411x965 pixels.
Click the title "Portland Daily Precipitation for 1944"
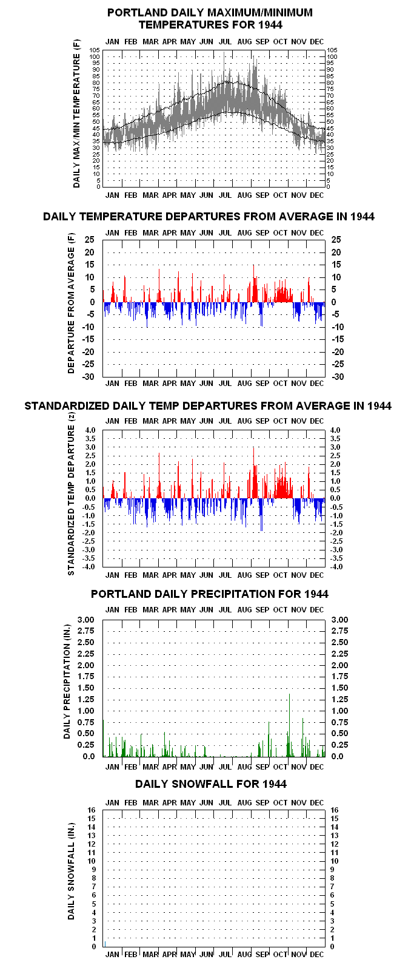(210, 594)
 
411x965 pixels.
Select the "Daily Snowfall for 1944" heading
(211, 784)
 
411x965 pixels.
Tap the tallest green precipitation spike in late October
(289, 725)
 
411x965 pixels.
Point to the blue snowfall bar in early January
(105, 943)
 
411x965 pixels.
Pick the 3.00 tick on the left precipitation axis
(85, 620)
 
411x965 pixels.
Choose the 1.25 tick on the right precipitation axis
(339, 699)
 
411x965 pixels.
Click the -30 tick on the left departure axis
(88, 376)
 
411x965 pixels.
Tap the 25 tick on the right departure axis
(336, 240)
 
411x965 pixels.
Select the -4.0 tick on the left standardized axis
(90, 566)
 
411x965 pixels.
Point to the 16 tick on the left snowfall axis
(92, 810)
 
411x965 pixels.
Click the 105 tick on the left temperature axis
(95, 50)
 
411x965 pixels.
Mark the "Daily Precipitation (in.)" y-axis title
(67, 682)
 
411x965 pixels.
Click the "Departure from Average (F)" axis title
(71, 303)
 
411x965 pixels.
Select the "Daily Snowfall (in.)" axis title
(71, 871)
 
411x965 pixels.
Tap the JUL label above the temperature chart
(225, 42)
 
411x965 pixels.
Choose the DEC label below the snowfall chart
(317, 954)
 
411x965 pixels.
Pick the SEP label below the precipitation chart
(262, 767)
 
